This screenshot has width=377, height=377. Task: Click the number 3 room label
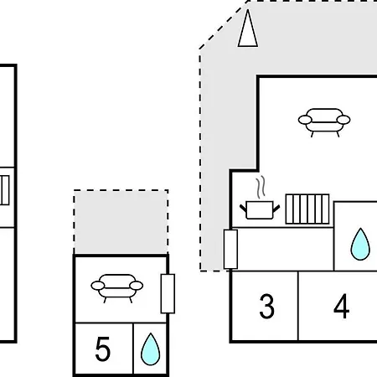click(x=266, y=307)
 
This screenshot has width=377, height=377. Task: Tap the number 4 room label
click(x=341, y=307)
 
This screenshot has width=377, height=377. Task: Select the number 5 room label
click(x=103, y=349)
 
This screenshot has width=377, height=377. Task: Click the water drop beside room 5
click(x=151, y=349)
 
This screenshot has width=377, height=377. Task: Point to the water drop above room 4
click(x=360, y=245)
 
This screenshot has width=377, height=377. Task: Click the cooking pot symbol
click(x=260, y=209)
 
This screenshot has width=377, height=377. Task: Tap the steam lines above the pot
click(x=261, y=187)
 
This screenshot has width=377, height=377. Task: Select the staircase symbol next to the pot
click(x=307, y=209)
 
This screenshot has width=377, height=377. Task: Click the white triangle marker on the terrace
click(x=248, y=28)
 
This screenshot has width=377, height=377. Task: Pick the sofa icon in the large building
click(x=324, y=122)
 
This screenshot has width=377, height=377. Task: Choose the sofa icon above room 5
click(x=117, y=288)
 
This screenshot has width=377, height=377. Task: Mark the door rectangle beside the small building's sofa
click(x=168, y=294)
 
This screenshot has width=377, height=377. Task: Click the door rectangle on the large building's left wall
click(x=230, y=250)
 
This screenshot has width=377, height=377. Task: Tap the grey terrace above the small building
click(x=121, y=222)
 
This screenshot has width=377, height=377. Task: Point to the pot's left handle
click(x=243, y=209)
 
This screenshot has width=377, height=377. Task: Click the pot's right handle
click(x=276, y=209)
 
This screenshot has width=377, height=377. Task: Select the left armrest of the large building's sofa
click(x=305, y=120)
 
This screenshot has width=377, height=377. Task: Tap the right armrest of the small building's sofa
click(x=137, y=286)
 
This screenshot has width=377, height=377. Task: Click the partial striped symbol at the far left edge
click(x=4, y=190)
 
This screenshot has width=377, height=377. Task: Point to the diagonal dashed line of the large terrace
click(x=224, y=25)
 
